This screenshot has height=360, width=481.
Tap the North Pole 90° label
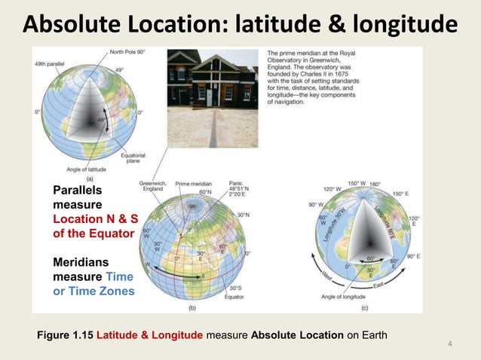[127, 52]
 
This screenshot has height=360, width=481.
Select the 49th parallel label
[49, 63]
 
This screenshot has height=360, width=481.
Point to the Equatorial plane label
[133, 159]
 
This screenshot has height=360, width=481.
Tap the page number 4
[449, 345]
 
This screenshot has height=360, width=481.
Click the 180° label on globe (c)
[375, 184]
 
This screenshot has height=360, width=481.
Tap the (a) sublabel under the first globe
[90, 179]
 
